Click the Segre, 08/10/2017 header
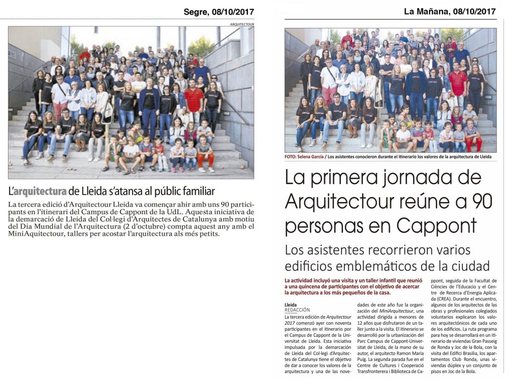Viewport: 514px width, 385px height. (x=219, y=12)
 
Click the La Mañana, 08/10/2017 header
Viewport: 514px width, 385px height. (x=450, y=11)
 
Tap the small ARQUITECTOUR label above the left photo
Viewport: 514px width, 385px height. (x=242, y=24)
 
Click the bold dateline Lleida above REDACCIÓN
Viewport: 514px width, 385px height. (x=290, y=304)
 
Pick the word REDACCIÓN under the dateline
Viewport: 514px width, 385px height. (x=297, y=310)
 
